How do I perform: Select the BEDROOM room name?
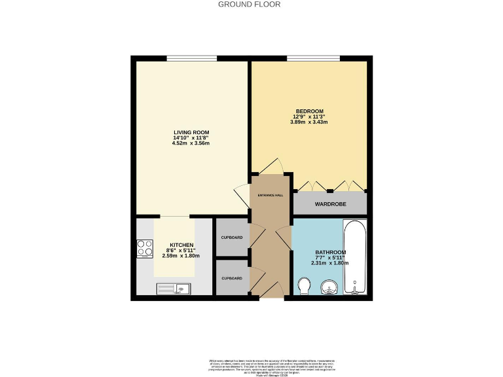(x=308, y=111)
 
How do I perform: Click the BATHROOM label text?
(x=331, y=252)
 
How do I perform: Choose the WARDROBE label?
(x=329, y=204)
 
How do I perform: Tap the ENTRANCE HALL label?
(x=270, y=194)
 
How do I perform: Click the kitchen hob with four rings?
(x=145, y=249)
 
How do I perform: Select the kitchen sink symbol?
(x=173, y=289)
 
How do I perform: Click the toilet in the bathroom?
(x=303, y=287)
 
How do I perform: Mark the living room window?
(x=191, y=59)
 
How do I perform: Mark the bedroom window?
(x=313, y=59)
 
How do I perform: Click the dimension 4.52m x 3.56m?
(x=191, y=143)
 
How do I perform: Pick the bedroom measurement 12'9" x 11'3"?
(x=308, y=117)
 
